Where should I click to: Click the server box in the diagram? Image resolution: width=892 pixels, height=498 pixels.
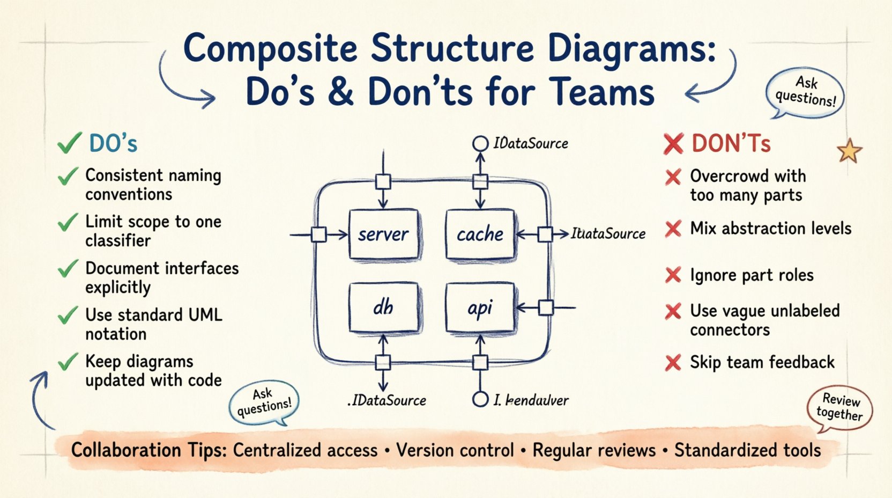click(383, 235)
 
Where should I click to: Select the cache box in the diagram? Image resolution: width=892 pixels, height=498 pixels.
click(480, 235)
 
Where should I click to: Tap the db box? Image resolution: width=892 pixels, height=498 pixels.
click(383, 307)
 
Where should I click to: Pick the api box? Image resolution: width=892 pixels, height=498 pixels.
click(480, 307)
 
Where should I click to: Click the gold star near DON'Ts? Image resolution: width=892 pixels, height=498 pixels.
click(849, 151)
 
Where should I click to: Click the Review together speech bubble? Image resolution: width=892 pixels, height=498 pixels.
click(839, 408)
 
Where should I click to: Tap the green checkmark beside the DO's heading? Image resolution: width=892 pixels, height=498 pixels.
click(69, 143)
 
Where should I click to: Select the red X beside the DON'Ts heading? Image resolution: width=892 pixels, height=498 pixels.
click(673, 144)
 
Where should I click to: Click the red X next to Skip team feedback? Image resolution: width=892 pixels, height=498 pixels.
click(673, 363)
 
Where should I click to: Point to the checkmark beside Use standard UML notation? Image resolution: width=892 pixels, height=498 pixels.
click(68, 315)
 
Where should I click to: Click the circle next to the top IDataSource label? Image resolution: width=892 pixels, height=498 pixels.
click(480, 143)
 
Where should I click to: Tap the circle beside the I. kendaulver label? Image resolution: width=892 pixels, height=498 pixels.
click(480, 399)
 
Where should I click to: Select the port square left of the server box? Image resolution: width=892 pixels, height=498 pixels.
click(319, 235)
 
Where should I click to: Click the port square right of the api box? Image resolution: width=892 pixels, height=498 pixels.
click(546, 307)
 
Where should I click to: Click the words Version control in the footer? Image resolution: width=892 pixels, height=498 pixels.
click(455, 450)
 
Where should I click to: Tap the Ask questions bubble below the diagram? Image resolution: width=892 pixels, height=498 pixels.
click(264, 403)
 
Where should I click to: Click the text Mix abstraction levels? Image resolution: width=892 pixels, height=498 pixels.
click(770, 229)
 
